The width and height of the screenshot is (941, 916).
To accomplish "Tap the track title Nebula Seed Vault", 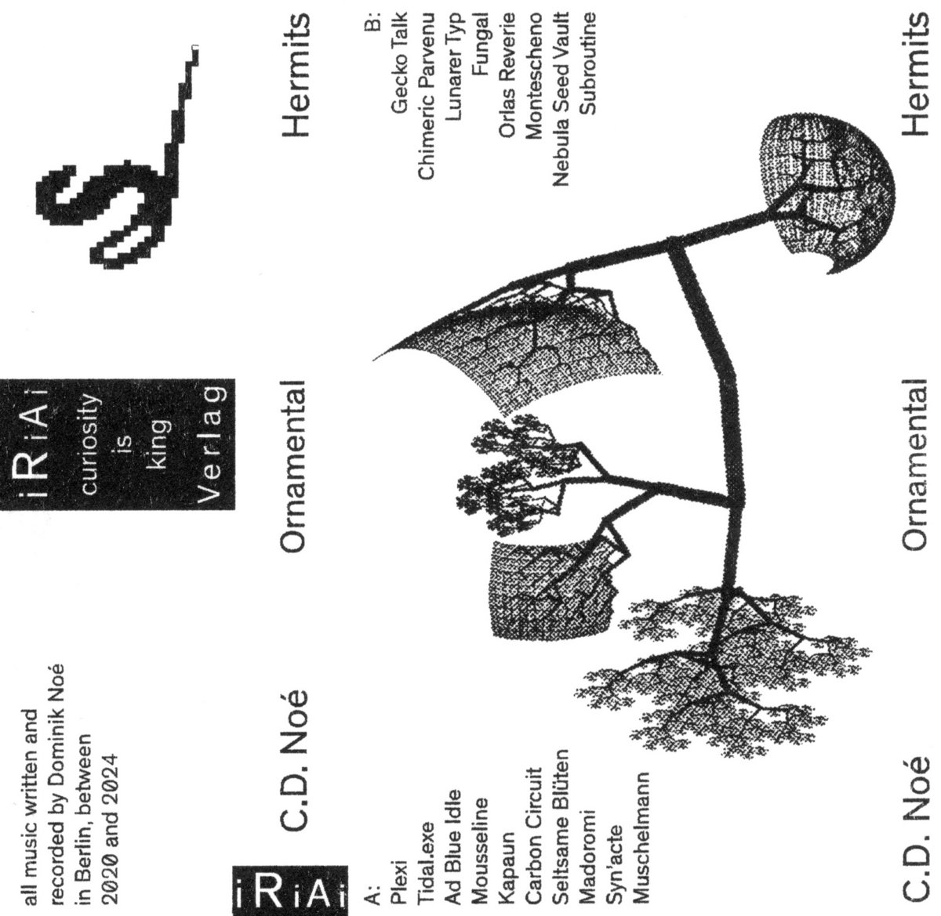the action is [x=561, y=101].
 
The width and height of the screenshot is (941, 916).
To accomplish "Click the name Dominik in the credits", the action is [x=60, y=751].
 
